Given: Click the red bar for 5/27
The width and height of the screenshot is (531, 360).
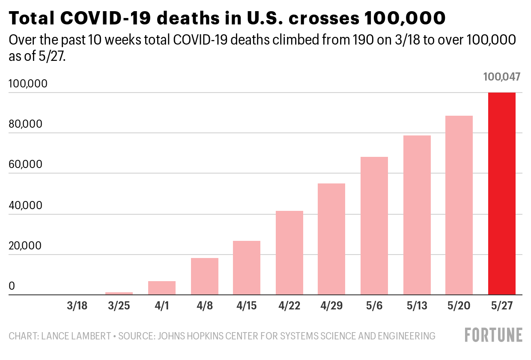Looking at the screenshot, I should [501, 194].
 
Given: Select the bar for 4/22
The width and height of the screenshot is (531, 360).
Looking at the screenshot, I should [289, 253].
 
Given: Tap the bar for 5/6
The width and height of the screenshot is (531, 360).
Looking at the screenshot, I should [374, 226].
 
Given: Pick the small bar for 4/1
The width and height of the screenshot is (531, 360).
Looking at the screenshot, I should [162, 288].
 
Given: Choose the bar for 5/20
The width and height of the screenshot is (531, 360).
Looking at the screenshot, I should [459, 205].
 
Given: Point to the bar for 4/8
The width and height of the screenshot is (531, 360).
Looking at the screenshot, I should [205, 276].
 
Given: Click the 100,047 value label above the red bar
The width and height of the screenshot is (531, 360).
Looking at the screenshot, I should [502, 77].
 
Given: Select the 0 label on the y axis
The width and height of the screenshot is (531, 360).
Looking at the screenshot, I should [12, 286].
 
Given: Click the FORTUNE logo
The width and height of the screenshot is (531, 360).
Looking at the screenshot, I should [494, 335].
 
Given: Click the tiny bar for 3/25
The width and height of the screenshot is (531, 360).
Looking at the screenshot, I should [119, 294].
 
